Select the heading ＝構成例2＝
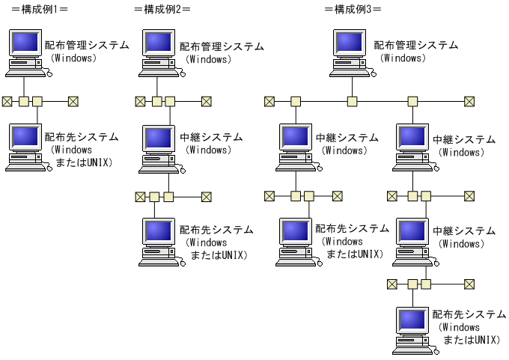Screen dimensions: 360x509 [162, 9]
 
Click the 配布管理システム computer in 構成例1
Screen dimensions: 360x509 [25, 52]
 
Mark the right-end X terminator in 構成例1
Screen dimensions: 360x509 [73, 101]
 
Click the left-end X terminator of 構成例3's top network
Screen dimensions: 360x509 [269, 101]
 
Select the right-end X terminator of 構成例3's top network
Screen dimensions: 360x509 [469, 101]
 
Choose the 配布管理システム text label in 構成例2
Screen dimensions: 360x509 [222, 46]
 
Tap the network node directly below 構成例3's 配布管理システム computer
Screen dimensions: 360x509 [351, 101]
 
